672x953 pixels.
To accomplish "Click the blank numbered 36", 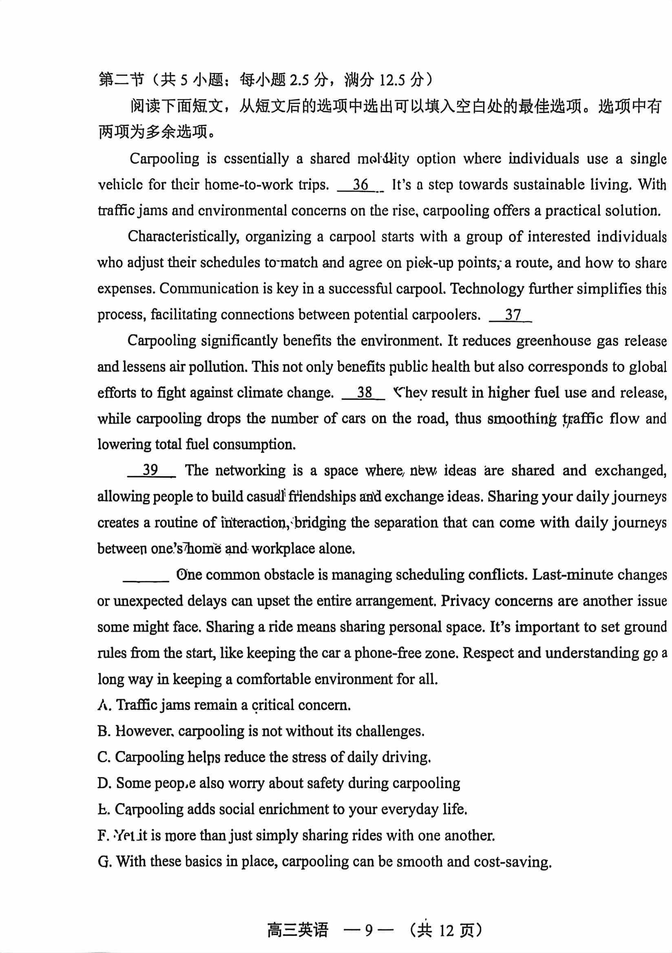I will tap(360, 185).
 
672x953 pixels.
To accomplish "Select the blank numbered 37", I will tap(511, 315).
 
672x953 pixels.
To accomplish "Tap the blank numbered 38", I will tap(363, 392).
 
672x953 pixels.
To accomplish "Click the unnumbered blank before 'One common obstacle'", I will tap(146, 575).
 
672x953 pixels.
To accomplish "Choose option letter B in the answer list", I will tap(103, 731).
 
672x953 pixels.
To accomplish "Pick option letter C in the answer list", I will tap(103, 757).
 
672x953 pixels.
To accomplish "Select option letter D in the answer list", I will tap(103, 783).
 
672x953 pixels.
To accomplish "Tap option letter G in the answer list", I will tap(103, 862).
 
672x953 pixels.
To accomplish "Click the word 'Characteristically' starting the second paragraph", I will tap(183, 237).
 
